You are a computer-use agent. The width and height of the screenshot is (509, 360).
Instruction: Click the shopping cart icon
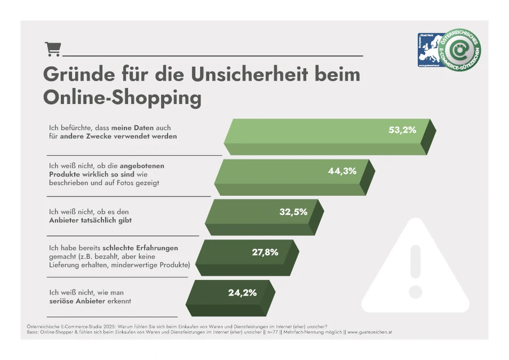pos(53,49)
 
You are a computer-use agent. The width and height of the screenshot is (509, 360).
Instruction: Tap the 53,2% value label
pos(402,130)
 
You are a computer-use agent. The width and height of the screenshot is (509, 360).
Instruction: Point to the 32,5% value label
pos(293,212)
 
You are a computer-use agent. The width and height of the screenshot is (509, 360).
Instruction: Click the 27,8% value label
pos(265,252)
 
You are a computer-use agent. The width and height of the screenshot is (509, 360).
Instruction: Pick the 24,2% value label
pos(242,292)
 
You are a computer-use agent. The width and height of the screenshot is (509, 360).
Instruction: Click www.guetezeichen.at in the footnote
pos(370,332)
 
